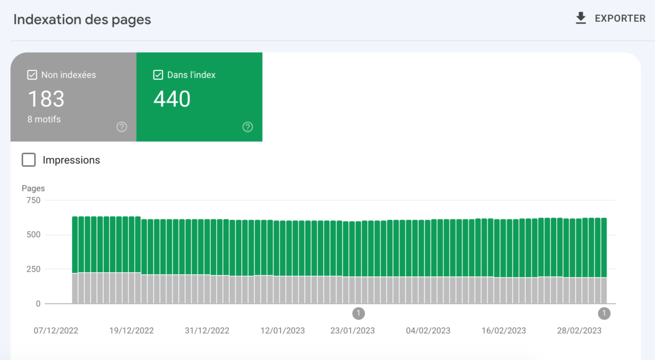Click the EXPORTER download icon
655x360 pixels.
click(581, 19)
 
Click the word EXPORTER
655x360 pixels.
click(620, 19)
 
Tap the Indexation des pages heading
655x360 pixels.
click(82, 20)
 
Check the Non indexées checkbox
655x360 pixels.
click(32, 75)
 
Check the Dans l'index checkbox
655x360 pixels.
click(158, 75)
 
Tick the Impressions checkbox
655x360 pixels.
click(28, 160)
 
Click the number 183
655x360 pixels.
click(46, 99)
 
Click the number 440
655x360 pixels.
click(172, 99)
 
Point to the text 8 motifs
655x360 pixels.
click(44, 119)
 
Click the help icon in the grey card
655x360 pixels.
click(122, 127)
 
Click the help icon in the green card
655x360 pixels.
click(248, 127)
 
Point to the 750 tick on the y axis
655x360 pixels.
click(33, 200)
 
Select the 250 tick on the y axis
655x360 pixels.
click(33, 269)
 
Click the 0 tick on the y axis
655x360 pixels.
click(38, 304)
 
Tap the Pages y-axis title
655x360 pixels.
click(33, 188)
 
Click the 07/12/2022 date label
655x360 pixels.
click(56, 331)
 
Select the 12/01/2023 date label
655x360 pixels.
click(283, 331)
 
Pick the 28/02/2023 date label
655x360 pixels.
click(579, 331)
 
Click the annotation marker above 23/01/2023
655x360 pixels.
click(358, 313)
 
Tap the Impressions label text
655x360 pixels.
click(72, 160)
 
